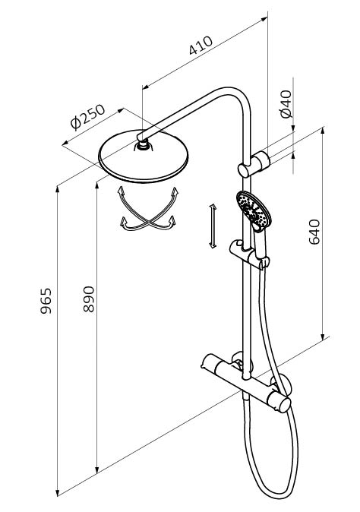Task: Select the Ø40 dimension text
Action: [x=286, y=104]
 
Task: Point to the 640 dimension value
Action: [x=314, y=232]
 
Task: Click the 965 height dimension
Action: [x=46, y=301]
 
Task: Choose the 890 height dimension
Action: [x=88, y=299]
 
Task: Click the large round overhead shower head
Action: [x=144, y=156]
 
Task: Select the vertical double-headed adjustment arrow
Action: [x=213, y=226]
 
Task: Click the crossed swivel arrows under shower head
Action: [x=147, y=210]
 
